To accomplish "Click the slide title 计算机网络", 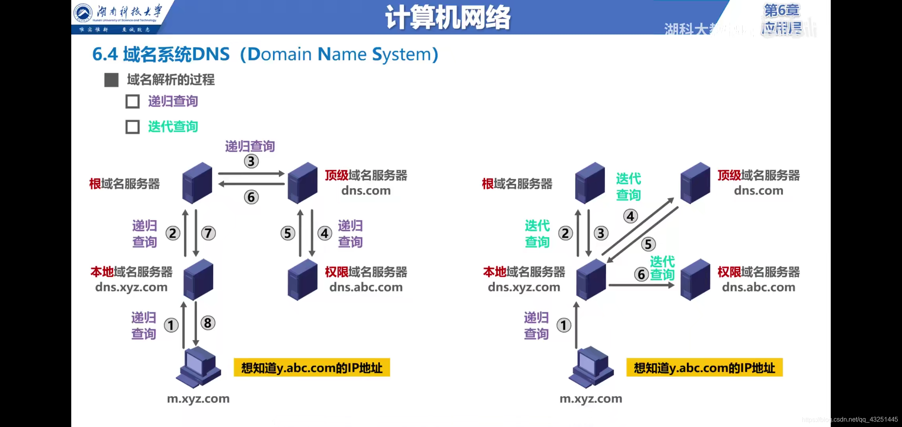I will [x=447, y=18].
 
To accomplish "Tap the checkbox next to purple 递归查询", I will [x=133, y=102].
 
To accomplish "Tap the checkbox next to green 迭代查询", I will [x=133, y=127].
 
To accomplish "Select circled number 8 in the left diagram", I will [x=208, y=323].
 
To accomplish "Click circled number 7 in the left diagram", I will [x=208, y=233].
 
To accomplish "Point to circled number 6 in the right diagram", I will [x=641, y=274].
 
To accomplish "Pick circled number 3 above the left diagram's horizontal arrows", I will [x=251, y=161].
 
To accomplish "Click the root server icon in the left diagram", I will [x=197, y=183].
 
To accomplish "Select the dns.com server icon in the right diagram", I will [x=695, y=183].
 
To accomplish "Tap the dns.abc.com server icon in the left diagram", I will [x=303, y=280].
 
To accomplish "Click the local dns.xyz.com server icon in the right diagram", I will [x=591, y=280].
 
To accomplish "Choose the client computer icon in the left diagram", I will [x=198, y=367].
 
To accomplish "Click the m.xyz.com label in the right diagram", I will [x=591, y=399].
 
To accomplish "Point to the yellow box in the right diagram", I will [x=704, y=368].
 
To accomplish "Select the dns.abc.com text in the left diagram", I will [x=366, y=287].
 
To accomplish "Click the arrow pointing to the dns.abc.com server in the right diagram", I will [x=641, y=285].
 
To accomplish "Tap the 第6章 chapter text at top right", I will [x=781, y=11].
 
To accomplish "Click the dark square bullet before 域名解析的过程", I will [x=111, y=80].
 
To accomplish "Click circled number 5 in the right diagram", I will [x=648, y=244].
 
